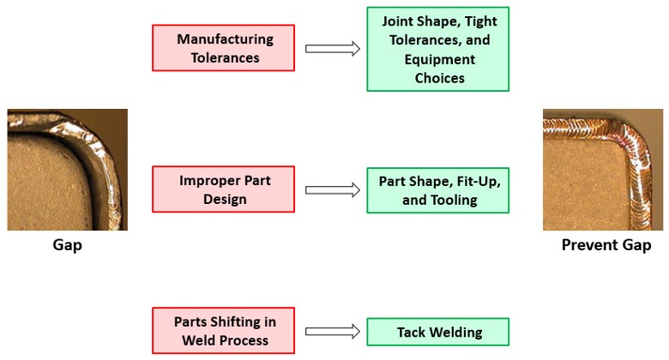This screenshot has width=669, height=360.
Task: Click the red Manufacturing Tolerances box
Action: pyautogui.click(x=223, y=48)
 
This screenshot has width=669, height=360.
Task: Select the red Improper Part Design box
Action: pyautogui.click(x=223, y=189)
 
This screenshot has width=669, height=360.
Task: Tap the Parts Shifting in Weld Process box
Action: pyautogui.click(x=223, y=331)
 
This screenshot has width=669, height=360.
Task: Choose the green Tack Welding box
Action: pyautogui.click(x=437, y=332)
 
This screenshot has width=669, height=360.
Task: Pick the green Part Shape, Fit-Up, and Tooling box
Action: pyautogui.click(x=437, y=190)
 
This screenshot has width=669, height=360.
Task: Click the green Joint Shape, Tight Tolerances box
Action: pyautogui.click(x=437, y=49)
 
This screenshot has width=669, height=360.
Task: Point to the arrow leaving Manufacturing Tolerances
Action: pyautogui.click(x=332, y=49)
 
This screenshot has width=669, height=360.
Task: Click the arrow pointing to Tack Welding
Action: pyautogui.click(x=332, y=332)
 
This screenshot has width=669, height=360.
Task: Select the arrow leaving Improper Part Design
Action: pyautogui.click(x=332, y=190)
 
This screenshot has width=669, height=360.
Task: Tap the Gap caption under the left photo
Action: pyautogui.click(x=67, y=245)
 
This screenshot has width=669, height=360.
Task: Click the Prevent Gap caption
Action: pyautogui.click(x=606, y=245)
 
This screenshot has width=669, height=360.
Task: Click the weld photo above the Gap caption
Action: pyautogui.click(x=67, y=169)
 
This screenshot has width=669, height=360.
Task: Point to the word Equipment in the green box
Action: pyautogui.click(x=439, y=59)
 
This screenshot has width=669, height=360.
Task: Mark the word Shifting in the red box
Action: pyautogui.click(x=237, y=321)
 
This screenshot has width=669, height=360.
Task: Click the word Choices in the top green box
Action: pyautogui.click(x=439, y=78)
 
